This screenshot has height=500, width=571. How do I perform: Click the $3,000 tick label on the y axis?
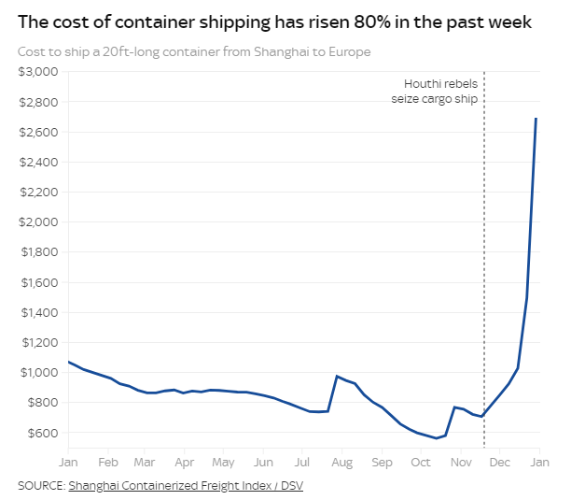pos(38,71)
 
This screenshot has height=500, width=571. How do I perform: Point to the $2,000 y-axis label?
pos(38,221)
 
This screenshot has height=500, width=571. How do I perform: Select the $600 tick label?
pos(43,433)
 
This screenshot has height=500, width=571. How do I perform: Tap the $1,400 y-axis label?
pos(40,312)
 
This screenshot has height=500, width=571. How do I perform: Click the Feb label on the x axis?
pos(108,463)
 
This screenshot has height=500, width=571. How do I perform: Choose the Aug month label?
pos(341,463)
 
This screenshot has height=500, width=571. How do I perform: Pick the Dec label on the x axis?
pos(500,463)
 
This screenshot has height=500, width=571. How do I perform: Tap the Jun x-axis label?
pos(263,463)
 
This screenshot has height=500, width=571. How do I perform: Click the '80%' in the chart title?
pos(371,22)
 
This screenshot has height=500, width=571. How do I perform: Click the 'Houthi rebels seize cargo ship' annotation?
pos(435,92)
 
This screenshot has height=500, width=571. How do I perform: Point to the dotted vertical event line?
pos(484,260)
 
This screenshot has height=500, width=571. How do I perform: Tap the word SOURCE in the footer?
pos(42,486)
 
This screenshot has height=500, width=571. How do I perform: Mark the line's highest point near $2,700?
pos(536,118)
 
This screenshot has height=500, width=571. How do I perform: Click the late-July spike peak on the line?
pos(337,376)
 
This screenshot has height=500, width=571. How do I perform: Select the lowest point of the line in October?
pos(437,438)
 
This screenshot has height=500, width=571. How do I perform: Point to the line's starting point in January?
pos(68,362)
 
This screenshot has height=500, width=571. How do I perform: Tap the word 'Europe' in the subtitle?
pos(350,52)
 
